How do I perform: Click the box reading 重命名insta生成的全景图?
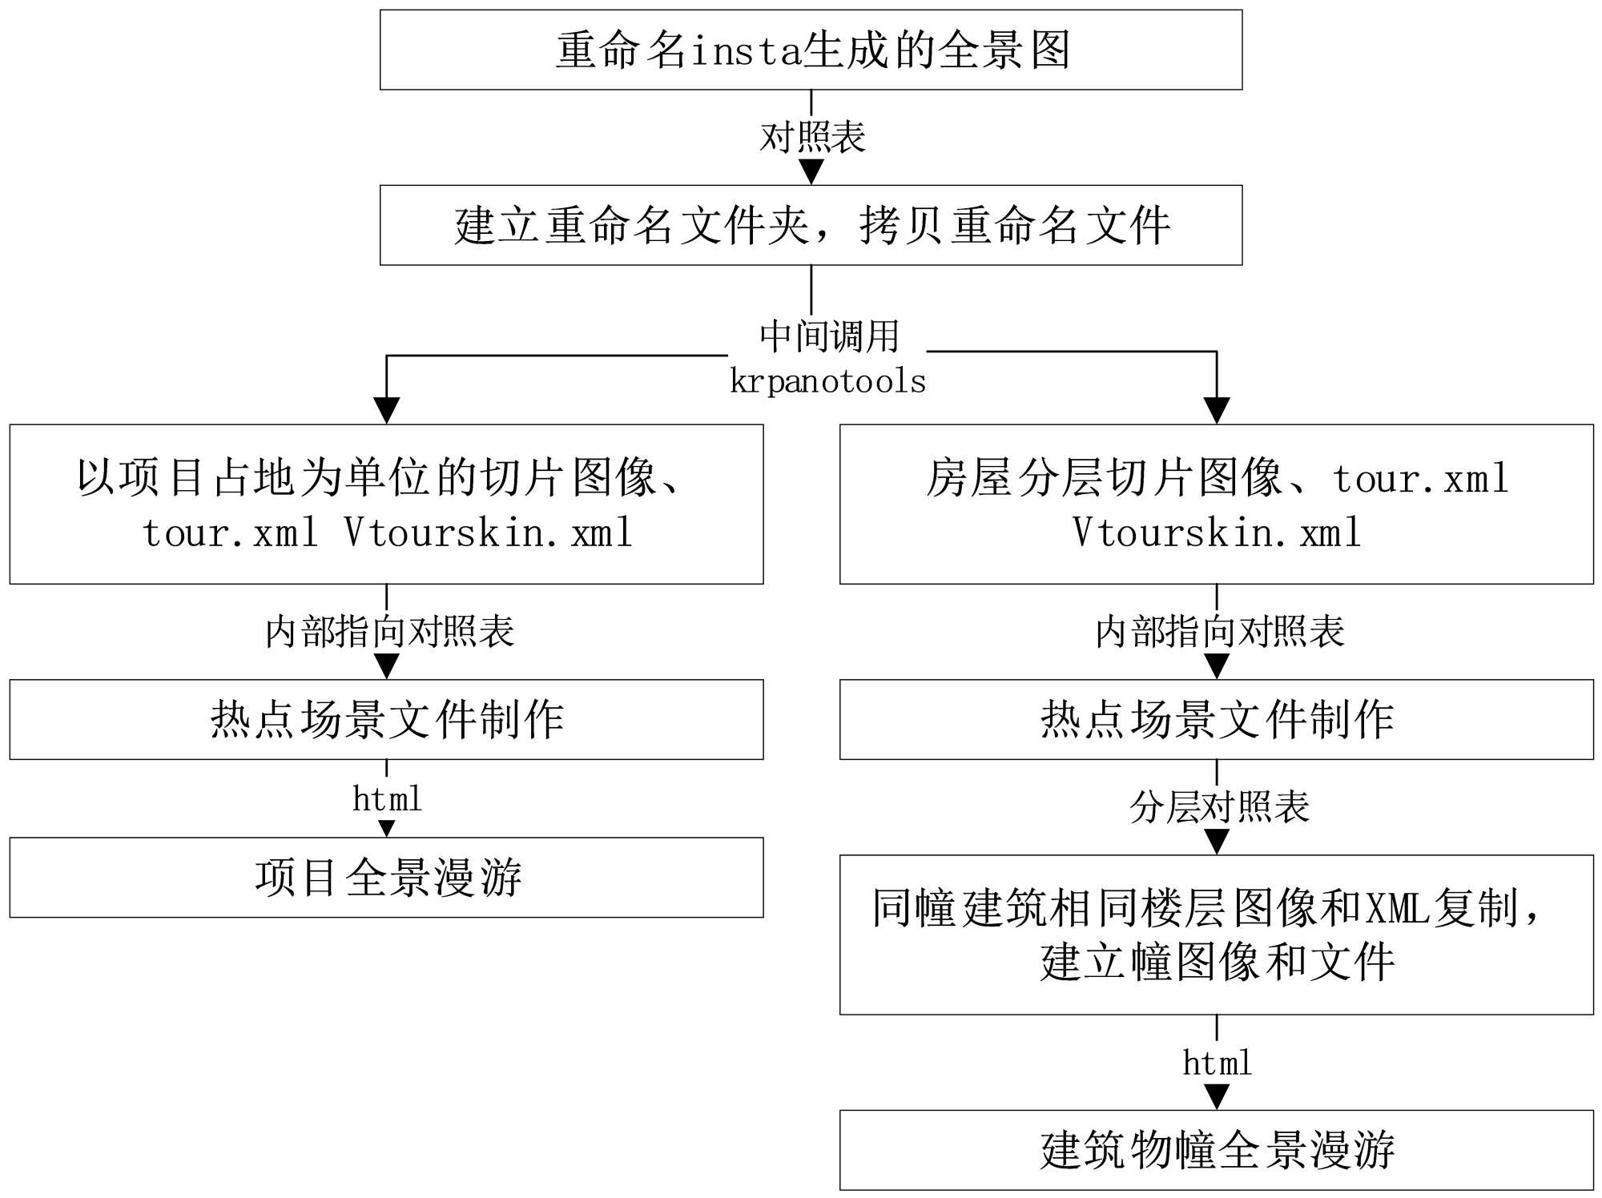811,50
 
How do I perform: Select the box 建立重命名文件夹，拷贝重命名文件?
811,225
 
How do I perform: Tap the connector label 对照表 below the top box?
812,137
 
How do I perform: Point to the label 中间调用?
829,336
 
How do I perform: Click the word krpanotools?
827,381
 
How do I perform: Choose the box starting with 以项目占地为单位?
386,504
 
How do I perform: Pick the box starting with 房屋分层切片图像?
1216,504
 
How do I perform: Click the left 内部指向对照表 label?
389,631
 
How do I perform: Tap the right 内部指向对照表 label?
1219,631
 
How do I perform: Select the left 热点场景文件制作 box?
386,719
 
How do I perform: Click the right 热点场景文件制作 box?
1216,719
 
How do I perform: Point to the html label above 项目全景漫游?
387,798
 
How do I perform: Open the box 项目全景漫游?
386,877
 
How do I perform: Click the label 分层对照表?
1219,806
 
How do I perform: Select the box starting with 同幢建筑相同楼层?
1216,935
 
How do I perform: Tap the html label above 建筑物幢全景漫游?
1217,1063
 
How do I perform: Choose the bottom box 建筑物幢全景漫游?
1216,1149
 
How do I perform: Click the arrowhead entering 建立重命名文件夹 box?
811,171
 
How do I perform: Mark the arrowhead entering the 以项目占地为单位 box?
387,410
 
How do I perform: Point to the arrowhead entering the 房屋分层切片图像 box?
1217,410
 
